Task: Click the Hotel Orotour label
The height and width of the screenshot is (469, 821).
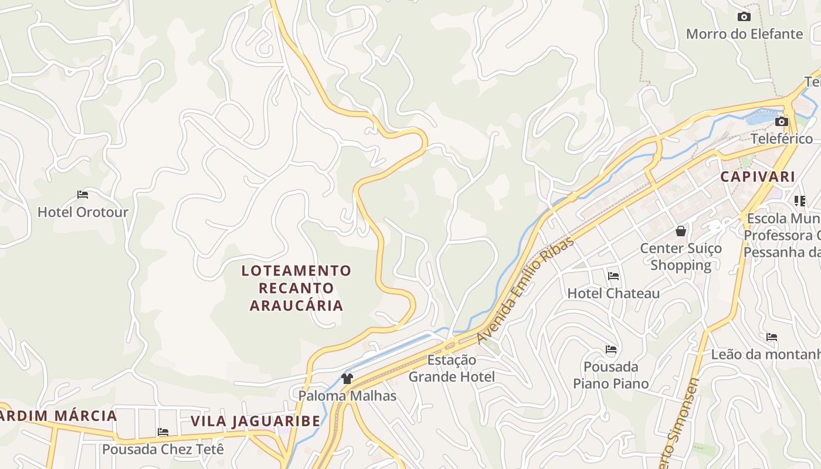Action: point(83,212)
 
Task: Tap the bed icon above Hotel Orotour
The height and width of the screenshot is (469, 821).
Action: point(83,195)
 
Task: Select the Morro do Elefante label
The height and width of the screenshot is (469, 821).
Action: point(744,33)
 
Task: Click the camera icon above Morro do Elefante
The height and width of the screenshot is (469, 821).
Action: point(744,16)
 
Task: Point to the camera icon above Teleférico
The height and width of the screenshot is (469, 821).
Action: point(782,121)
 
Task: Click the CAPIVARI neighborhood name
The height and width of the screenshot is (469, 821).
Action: point(758,176)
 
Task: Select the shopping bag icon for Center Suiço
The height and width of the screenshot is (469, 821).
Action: point(681,231)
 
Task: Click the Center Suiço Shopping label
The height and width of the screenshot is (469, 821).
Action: point(681,257)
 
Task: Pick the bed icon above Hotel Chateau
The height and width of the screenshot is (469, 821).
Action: point(613,276)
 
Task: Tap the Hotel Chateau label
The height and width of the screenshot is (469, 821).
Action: point(613,293)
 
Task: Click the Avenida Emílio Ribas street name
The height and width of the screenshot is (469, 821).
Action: point(518,289)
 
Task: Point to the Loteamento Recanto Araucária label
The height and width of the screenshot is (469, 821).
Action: point(296,288)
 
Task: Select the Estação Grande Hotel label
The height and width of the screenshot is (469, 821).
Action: point(452,368)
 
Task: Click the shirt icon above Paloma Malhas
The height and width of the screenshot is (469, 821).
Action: point(347,378)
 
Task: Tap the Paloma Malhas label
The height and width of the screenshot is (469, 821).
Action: point(347,396)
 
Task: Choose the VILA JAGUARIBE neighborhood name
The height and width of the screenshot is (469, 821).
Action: point(256,421)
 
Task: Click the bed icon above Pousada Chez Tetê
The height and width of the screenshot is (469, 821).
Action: point(163,432)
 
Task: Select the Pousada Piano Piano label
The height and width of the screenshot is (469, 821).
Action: point(611,375)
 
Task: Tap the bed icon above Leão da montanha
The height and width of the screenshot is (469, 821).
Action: point(772,337)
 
